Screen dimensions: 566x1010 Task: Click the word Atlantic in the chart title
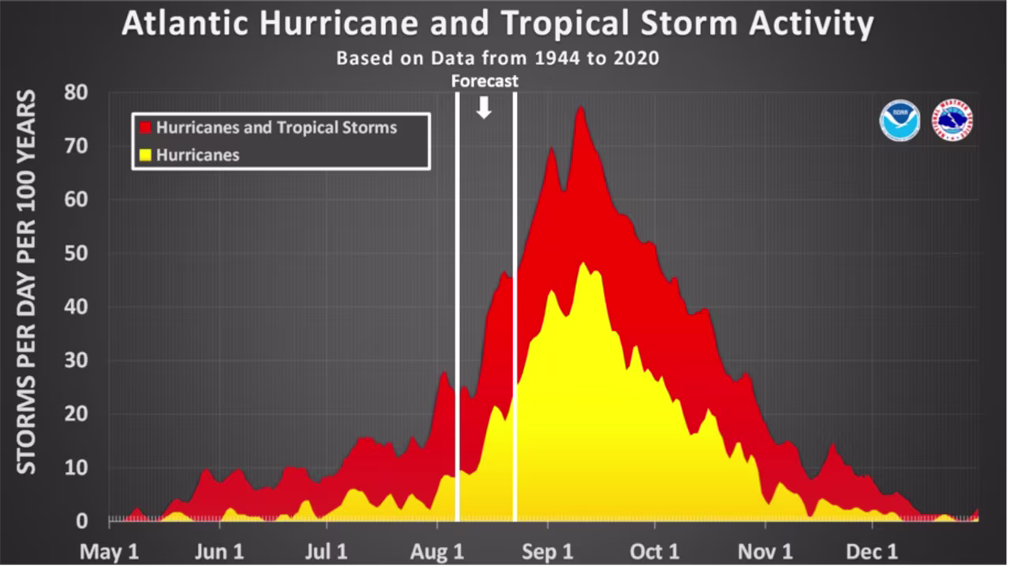[x=180, y=25]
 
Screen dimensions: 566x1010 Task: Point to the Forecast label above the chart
[x=484, y=81]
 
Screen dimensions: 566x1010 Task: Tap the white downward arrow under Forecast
[x=484, y=109]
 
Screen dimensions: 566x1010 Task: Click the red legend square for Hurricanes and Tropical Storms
[x=145, y=128]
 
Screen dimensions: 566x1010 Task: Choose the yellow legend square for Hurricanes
[x=145, y=155]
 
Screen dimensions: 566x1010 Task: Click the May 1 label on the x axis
[x=110, y=551]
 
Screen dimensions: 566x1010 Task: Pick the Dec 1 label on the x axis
[x=872, y=551]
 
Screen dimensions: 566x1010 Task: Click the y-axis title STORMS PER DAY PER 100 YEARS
[x=28, y=281]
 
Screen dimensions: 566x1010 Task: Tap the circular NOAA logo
[x=900, y=121]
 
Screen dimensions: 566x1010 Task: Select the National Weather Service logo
[x=952, y=121]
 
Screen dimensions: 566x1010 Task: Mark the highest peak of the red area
[x=581, y=108]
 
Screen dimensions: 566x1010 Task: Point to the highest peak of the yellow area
[x=583, y=263]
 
